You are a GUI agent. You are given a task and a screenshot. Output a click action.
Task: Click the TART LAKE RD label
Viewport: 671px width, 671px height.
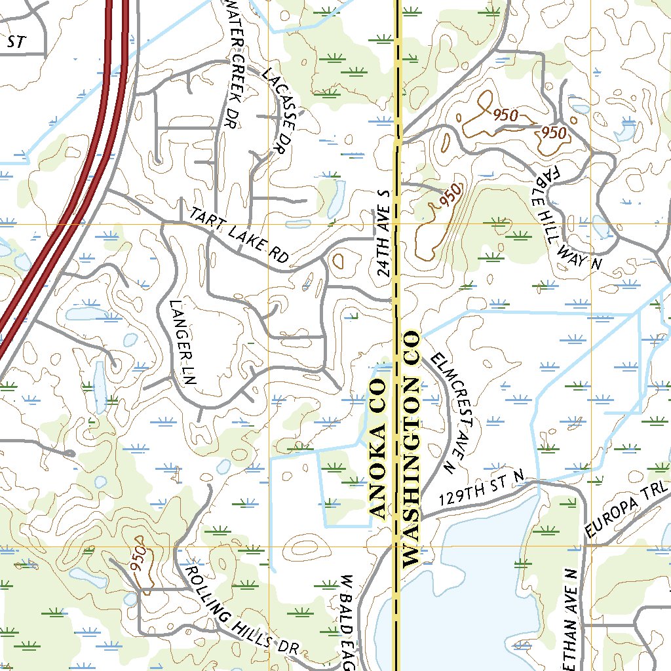[x=239, y=237]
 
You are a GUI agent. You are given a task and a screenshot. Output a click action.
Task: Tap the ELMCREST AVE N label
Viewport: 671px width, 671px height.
[x=453, y=413]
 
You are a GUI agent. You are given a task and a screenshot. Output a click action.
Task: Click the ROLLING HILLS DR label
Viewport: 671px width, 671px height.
[x=242, y=609]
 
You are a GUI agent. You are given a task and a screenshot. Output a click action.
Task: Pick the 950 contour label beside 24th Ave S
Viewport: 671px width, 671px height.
[x=451, y=196]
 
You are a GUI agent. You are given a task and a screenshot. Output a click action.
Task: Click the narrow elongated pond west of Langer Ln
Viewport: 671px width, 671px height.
[x=100, y=386]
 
